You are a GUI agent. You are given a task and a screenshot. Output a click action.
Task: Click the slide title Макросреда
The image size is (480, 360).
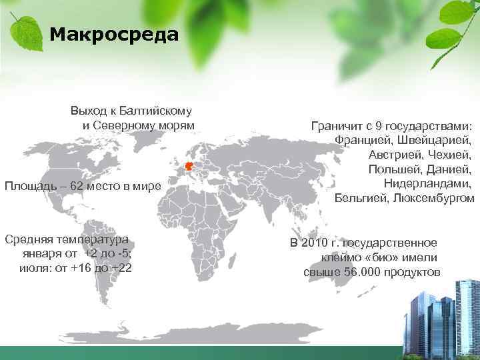pos(114,34)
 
